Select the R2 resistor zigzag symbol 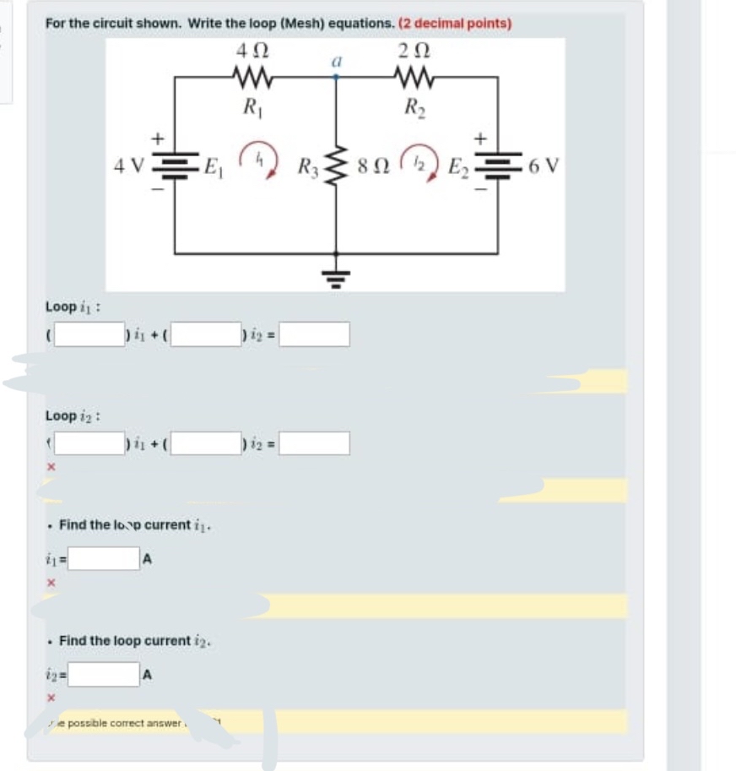pyautogui.click(x=415, y=79)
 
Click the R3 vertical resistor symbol pyautogui.click(x=337, y=164)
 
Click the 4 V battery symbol pyautogui.click(x=174, y=163)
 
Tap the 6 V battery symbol pyautogui.click(x=496, y=163)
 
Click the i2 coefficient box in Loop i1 pyautogui.click(x=207, y=334)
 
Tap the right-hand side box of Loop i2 pyautogui.click(x=314, y=443)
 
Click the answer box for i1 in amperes pyautogui.click(x=103, y=559)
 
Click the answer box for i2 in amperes pyautogui.click(x=103, y=674)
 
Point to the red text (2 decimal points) pyautogui.click(x=455, y=24)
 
